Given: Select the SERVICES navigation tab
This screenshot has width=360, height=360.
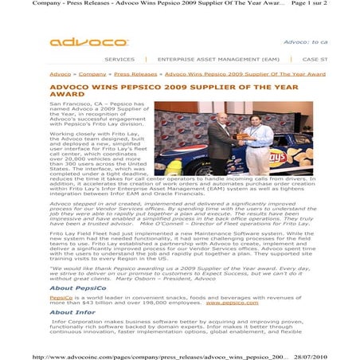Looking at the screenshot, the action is (119, 59).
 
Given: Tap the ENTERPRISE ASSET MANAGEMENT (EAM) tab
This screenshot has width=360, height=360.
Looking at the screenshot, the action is (218, 59).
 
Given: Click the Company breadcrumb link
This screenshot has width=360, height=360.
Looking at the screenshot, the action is (92, 73).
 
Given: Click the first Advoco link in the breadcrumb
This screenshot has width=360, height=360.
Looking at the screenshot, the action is (60, 73).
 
